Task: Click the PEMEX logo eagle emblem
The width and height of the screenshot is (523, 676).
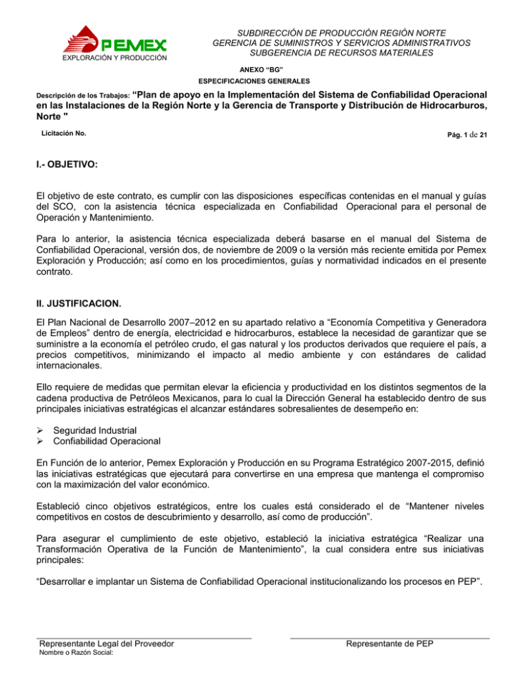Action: coord(82,39)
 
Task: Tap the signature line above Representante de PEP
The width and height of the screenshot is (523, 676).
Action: coord(390,637)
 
